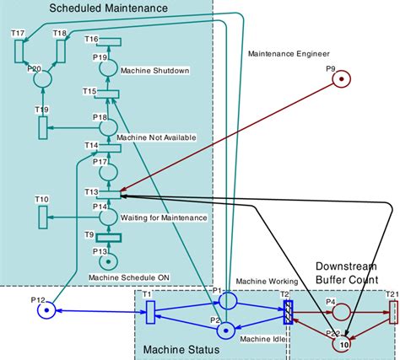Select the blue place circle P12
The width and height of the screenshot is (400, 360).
[47, 310]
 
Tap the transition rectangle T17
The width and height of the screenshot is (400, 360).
[19, 50]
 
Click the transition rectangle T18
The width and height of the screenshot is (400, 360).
[60, 50]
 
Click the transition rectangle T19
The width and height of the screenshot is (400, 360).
[42, 128]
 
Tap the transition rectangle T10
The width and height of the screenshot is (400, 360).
[42, 216]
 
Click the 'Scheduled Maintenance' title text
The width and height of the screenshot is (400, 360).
[108, 8]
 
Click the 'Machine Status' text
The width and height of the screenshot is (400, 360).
[181, 349]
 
